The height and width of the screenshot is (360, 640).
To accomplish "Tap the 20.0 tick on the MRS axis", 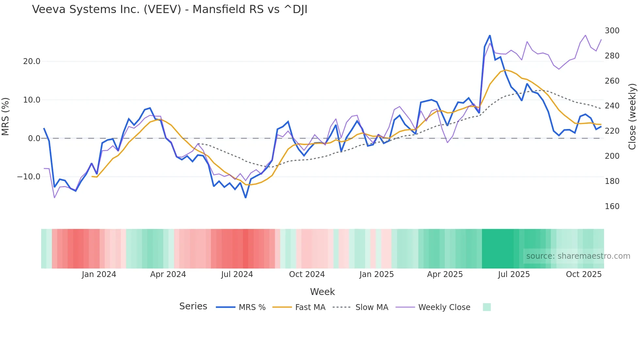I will point(32,61).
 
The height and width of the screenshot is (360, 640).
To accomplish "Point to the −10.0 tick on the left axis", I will point(29,177).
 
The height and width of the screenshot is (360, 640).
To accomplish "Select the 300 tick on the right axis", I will point(612,31).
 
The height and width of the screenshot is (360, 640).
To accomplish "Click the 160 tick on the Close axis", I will point(612,206).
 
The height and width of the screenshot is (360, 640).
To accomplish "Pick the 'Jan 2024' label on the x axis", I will point(99,274).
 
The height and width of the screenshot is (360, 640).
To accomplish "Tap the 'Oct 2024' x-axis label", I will point(307,274).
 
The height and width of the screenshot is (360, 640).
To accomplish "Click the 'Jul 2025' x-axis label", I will point(514,274).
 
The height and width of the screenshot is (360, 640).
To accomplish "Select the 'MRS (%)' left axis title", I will point(6,117).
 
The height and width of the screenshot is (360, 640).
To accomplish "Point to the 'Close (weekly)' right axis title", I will point(632,117).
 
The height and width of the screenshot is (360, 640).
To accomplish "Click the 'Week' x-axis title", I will point(322,292).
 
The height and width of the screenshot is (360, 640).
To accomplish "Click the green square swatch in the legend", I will point(487,307).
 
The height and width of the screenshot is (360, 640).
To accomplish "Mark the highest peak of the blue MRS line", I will point(490,36).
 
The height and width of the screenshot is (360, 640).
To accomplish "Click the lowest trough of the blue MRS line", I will point(246,198).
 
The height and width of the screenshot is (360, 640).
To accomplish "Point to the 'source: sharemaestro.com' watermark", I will point(578,256).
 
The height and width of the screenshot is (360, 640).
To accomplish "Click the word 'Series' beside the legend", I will point(193,306).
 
